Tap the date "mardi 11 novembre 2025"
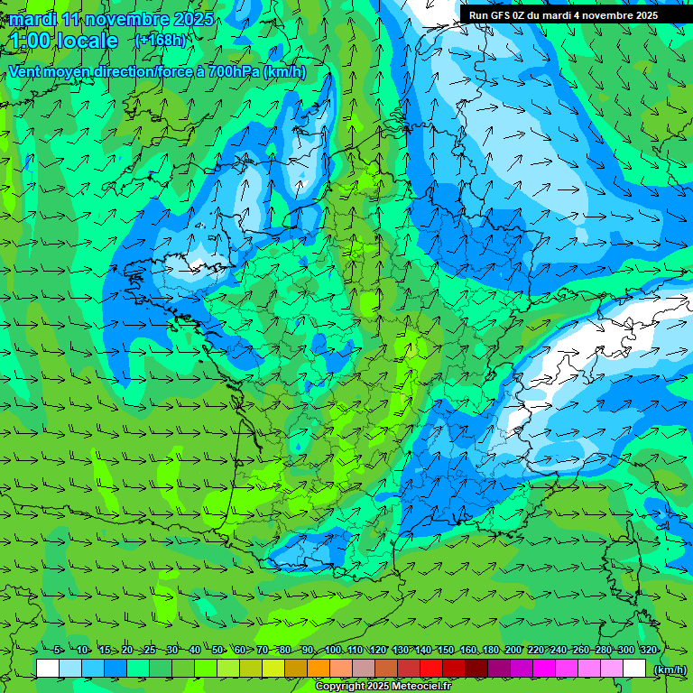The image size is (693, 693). click(x=111, y=19)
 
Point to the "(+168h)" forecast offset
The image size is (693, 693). click(x=160, y=41)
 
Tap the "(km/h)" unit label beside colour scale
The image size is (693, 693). click(x=669, y=669)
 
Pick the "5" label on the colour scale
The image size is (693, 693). click(x=58, y=650)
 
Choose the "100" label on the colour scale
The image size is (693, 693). click(x=332, y=650)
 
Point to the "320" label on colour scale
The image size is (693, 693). click(x=648, y=650)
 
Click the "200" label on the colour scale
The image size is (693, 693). click(x=513, y=650)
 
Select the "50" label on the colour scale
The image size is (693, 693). click(x=217, y=650)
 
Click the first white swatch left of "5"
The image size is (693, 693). click(x=48, y=668)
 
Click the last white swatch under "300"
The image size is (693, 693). click(x=634, y=668)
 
